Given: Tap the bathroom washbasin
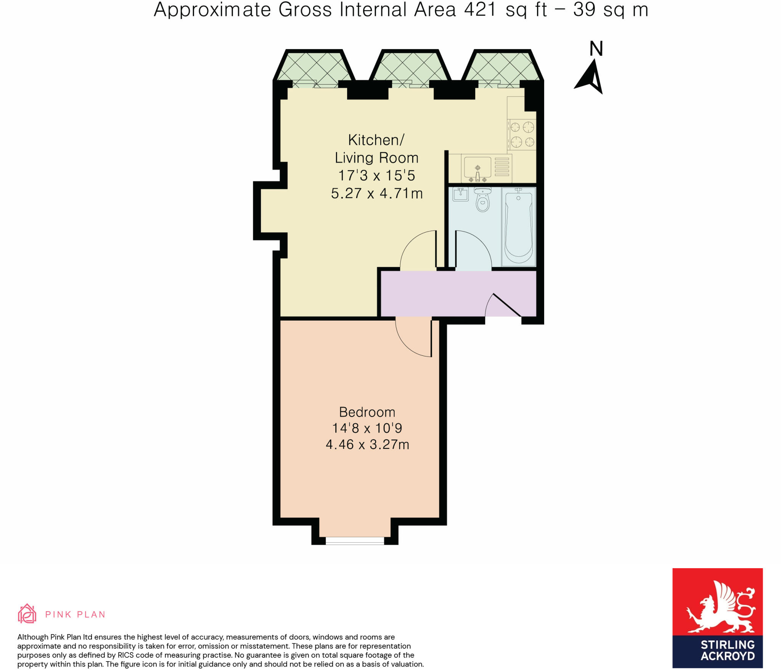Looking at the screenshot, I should point(460,194).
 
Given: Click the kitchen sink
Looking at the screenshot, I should point(477,168).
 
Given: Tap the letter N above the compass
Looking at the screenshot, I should point(596,49).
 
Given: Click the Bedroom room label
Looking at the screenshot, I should point(367,412).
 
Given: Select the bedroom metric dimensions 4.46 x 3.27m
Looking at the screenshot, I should point(367,445).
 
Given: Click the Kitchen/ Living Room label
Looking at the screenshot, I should point(376,149).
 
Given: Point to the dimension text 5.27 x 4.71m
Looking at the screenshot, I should point(377,193).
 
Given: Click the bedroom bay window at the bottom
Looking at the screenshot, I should point(355,540).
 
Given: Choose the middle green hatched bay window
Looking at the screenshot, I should point(411,67).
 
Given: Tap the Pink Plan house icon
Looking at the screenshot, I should point(27,614).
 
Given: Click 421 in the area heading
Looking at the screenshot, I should point(480,9).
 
